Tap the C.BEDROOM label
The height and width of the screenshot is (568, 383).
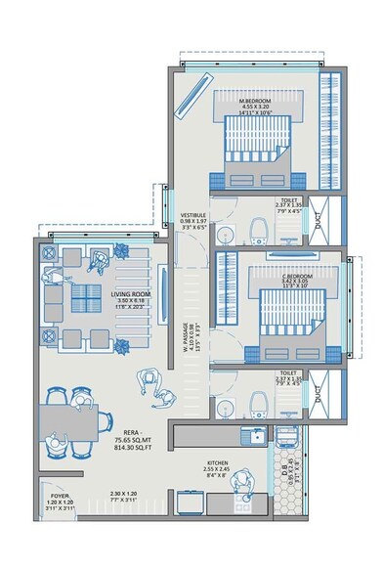click(295, 277)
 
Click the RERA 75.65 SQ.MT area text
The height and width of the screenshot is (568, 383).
click(137, 432)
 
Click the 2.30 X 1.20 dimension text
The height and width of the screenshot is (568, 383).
click(125, 495)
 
